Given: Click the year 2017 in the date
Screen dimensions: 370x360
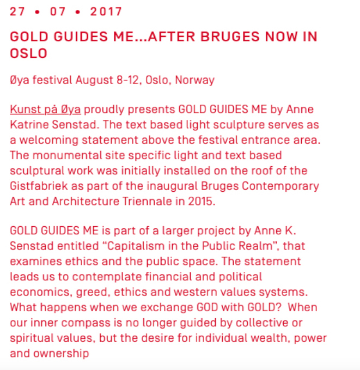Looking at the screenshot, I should [106, 11].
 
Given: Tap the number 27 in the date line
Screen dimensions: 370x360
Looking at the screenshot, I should [18, 11].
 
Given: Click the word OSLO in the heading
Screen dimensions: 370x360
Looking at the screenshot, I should [28, 53].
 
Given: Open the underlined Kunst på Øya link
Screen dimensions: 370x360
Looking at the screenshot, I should [45, 110].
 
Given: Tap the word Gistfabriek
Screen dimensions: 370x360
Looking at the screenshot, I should [41, 186].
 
